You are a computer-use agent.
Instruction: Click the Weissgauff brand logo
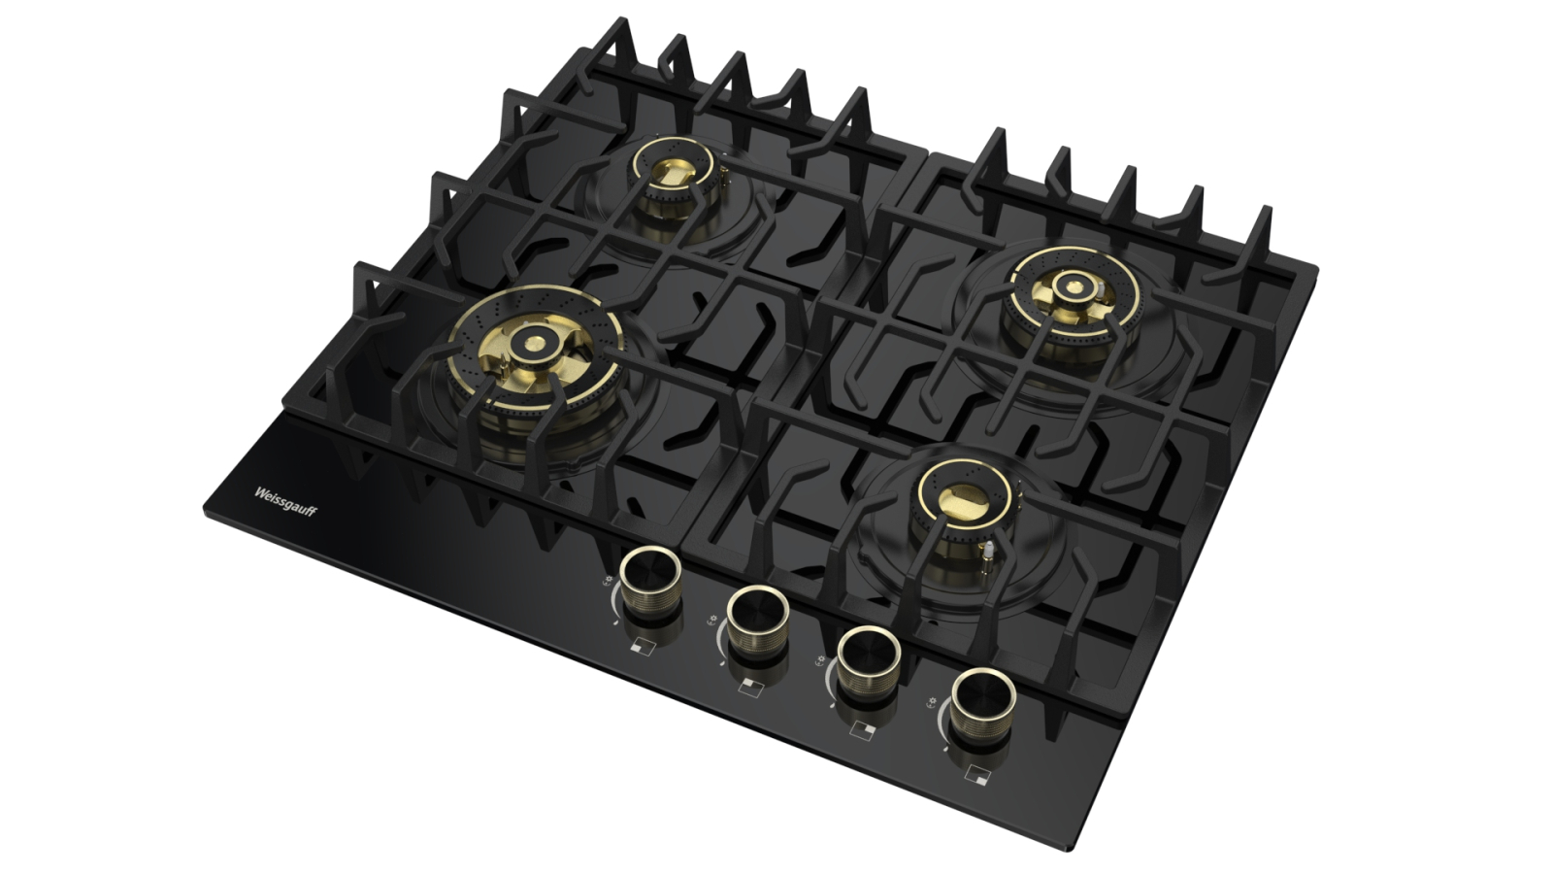point(285,501)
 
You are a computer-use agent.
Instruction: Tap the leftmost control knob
point(650,583)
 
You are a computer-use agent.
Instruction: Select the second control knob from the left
point(758,622)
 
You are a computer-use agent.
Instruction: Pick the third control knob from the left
point(869,663)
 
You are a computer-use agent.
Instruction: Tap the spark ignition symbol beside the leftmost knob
point(608,581)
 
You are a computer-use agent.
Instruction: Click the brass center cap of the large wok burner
point(535,343)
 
